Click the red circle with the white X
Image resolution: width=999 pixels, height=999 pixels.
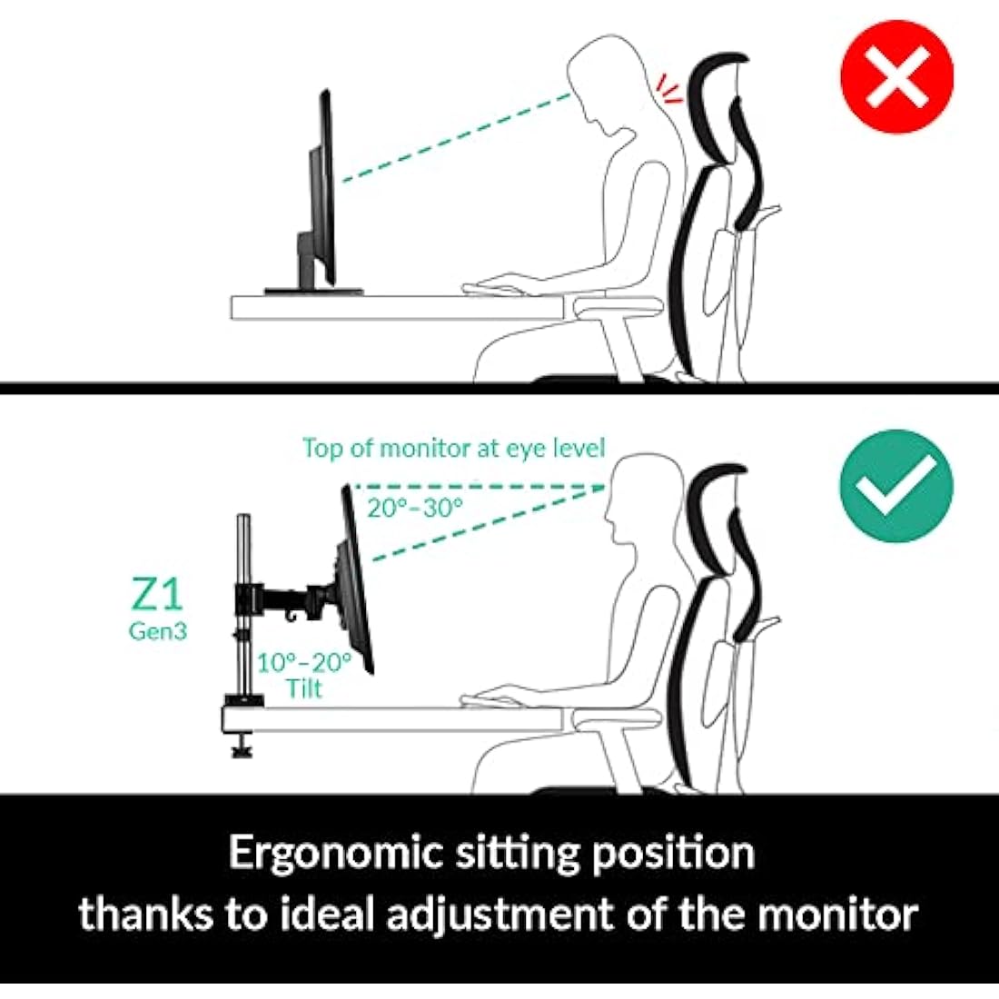(x=896, y=76)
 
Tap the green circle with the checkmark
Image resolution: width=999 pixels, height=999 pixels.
(x=896, y=486)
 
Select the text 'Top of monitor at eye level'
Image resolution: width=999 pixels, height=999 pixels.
(x=453, y=449)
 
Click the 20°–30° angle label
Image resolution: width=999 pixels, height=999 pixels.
(x=415, y=508)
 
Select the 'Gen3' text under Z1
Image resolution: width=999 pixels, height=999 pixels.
(x=157, y=631)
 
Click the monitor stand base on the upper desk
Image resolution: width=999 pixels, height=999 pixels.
(x=313, y=291)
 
